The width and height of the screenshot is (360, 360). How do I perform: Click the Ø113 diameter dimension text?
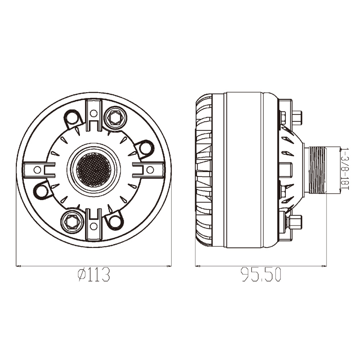94,275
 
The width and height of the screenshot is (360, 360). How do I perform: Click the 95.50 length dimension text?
261,275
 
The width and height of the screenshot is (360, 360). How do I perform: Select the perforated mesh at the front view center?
94,170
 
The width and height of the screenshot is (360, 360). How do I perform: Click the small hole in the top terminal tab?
94,113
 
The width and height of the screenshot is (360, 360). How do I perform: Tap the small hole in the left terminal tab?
37,170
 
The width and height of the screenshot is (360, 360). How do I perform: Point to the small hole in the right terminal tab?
150,170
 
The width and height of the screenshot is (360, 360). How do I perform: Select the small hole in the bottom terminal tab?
93,226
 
